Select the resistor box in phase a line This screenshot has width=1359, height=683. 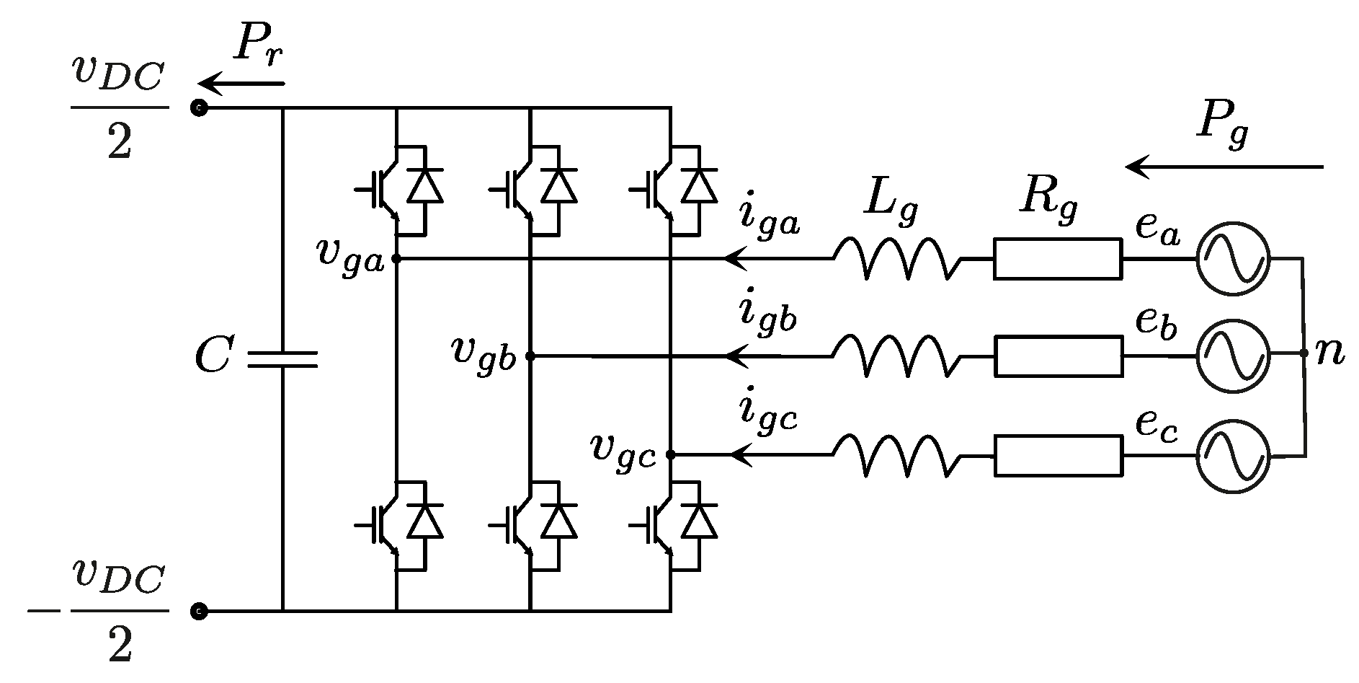pos(1057,259)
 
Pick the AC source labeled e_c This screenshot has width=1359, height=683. pos(1232,455)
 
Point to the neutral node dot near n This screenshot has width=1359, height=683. pos(1303,353)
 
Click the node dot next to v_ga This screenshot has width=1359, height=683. pos(396,258)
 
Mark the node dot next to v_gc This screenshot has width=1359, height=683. pos(670,454)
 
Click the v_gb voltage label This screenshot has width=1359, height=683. pos(484,353)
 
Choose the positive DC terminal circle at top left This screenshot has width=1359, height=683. pos(199,108)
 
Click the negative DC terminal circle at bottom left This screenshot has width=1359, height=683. pos(199,612)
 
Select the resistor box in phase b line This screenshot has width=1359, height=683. pos(1058,356)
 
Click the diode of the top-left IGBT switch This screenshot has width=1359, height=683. pos(424,186)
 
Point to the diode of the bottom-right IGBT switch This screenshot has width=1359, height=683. pos(699,521)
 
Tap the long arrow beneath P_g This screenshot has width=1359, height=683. pos(1225,167)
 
